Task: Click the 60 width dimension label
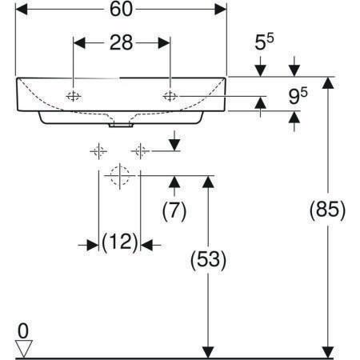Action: pyautogui.click(x=121, y=9)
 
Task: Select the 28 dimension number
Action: pyautogui.click(x=121, y=42)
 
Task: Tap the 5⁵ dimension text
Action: pyautogui.click(x=264, y=42)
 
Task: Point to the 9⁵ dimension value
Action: pyautogui.click(x=298, y=96)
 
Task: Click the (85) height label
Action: pyautogui.click(x=327, y=210)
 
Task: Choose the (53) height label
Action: pyautogui.click(x=208, y=260)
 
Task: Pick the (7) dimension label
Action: pyautogui.click(x=174, y=210)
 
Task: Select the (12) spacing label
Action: pyautogui.click(x=120, y=242)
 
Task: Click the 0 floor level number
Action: pyautogui.click(x=23, y=331)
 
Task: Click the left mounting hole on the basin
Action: pyautogui.click(x=74, y=96)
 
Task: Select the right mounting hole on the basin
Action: pyautogui.click(x=170, y=96)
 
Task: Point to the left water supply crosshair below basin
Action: pyautogui.click(x=98, y=151)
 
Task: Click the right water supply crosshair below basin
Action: pyautogui.click(x=140, y=151)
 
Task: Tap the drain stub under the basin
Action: pyautogui.click(x=121, y=126)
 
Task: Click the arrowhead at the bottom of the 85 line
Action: pyautogui.click(x=328, y=352)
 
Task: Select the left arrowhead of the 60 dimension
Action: pyautogui.click(x=22, y=10)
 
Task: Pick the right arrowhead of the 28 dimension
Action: pyautogui.click(x=164, y=43)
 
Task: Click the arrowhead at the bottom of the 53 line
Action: pyautogui.click(x=208, y=352)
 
